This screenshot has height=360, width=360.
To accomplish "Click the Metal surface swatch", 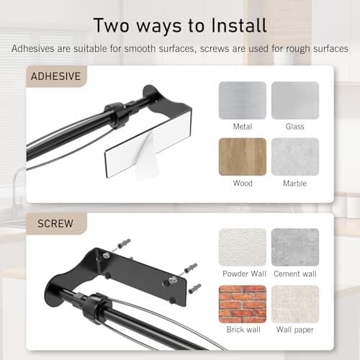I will (x=243, y=100).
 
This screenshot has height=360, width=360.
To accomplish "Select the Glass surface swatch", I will (x=294, y=100).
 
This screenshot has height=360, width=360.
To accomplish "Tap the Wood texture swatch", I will (x=243, y=156).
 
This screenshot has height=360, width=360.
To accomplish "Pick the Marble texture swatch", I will (x=294, y=156).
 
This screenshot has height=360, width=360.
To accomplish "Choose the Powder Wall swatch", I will (x=243, y=247).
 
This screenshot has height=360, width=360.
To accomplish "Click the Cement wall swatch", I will (x=294, y=247).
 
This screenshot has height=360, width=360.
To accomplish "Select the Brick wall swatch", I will (x=243, y=303).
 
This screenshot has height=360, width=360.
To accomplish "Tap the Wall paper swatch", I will (x=294, y=303).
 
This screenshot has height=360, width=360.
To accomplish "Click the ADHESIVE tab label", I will (x=56, y=76).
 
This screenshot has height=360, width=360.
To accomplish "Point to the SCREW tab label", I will (x=55, y=223).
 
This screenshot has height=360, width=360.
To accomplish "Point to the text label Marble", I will (x=294, y=184).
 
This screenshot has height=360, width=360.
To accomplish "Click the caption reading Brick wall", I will (x=243, y=330).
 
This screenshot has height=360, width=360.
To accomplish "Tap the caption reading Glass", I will (x=294, y=127).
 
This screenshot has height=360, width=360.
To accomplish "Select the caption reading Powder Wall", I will (x=243, y=274).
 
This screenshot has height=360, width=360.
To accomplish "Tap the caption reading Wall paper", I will (x=294, y=330).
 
